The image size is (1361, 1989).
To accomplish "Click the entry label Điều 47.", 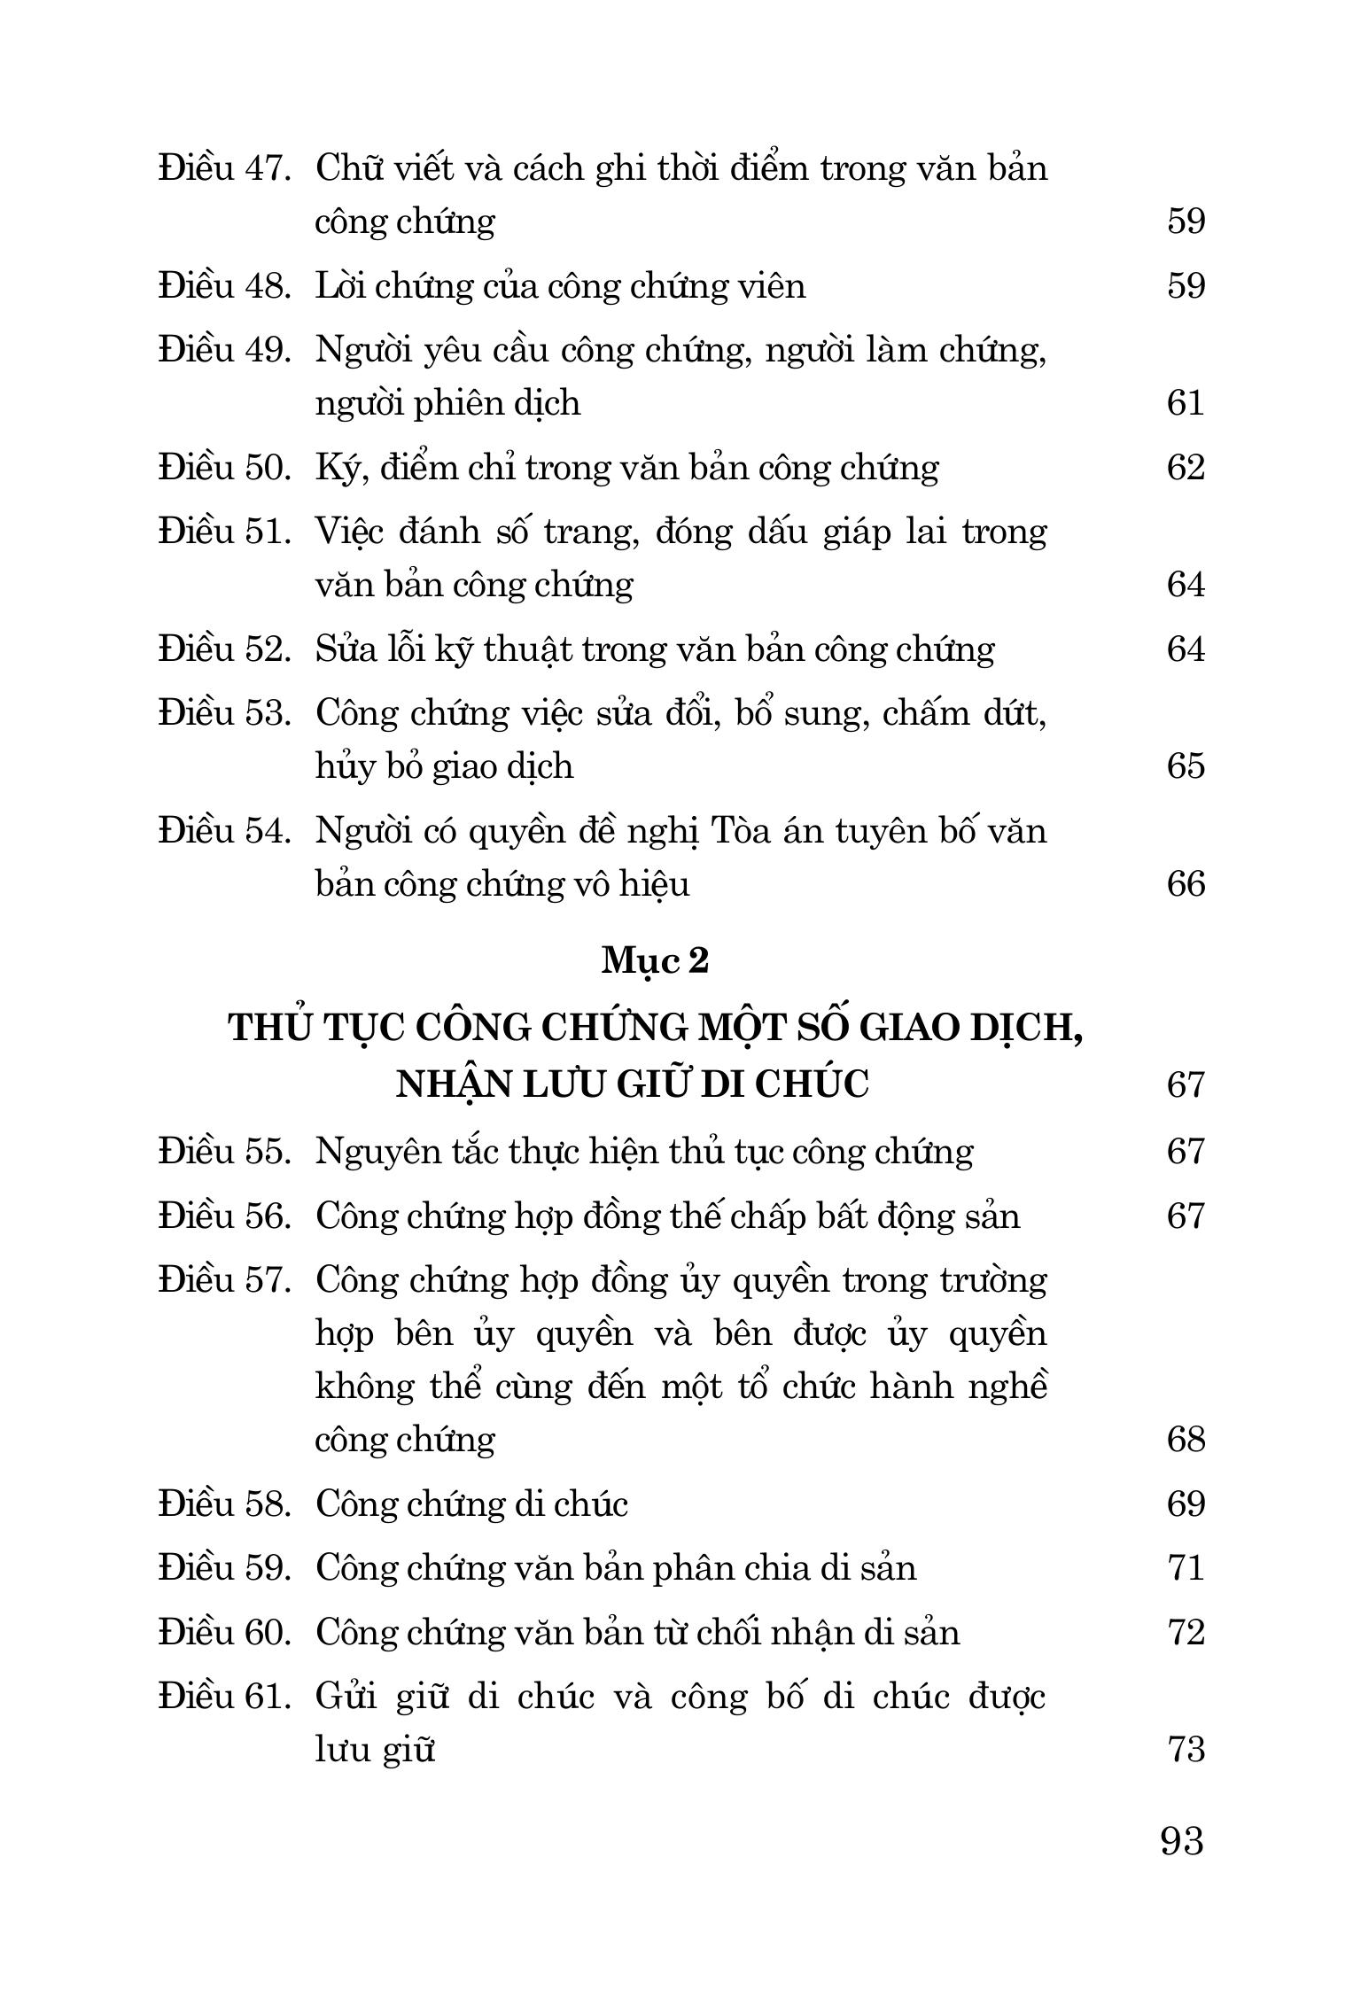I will [x=225, y=168].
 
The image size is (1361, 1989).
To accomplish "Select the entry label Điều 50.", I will [x=225, y=467].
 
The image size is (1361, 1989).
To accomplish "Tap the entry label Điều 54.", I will [x=225, y=831].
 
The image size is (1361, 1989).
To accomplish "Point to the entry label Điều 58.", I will [x=225, y=1503].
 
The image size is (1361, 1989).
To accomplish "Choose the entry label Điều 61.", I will [x=225, y=1697].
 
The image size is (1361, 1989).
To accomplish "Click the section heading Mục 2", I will [x=656, y=960].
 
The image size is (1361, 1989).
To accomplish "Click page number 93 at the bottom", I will [x=1182, y=1841].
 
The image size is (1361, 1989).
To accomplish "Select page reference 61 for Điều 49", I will [x=1186, y=403].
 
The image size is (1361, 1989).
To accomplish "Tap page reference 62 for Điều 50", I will [x=1186, y=467].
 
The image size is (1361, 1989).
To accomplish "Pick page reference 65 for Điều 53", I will [x=1186, y=765].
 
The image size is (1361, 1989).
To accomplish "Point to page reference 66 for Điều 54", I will [x=1186, y=883].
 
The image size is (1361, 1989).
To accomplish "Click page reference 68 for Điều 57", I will [x=1186, y=1439].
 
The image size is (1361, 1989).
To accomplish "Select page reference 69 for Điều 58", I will [x=1186, y=1503].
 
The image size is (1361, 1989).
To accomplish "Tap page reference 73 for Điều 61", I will [x=1186, y=1749].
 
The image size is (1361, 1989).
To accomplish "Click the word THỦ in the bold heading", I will [x=269, y=1028].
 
